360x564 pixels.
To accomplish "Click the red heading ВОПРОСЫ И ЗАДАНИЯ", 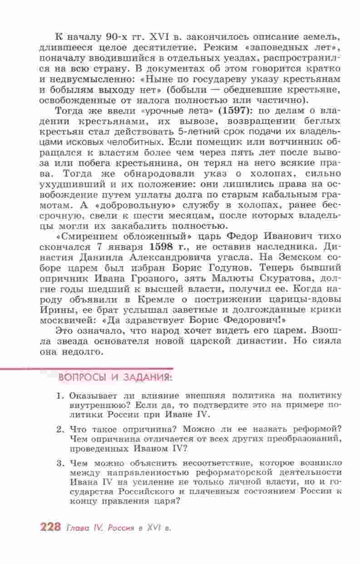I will (x=115, y=377).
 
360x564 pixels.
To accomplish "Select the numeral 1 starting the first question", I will (x=59, y=395).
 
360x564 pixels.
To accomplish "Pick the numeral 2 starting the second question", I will (x=59, y=429).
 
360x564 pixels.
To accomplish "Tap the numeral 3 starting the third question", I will (x=59, y=463).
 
